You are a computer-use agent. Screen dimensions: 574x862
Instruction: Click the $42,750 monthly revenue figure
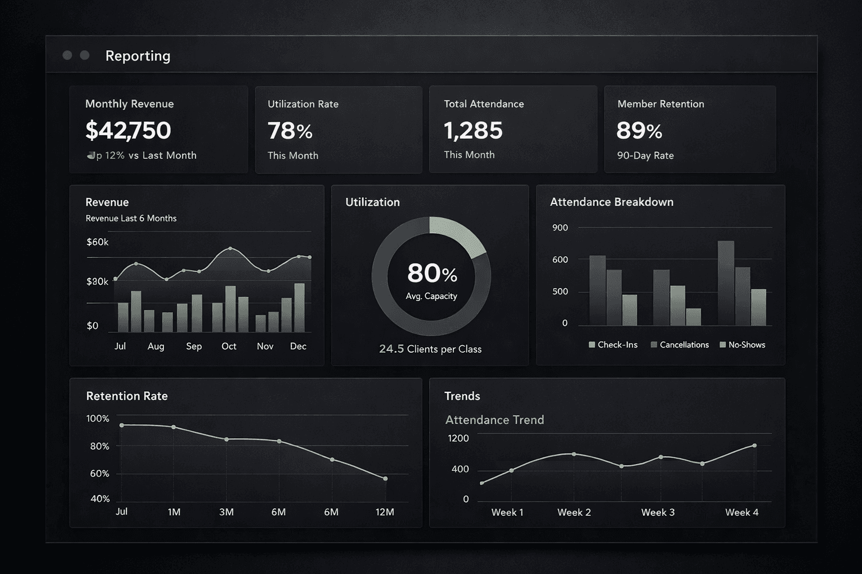128,131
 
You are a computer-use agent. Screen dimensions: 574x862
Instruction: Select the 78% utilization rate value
290,131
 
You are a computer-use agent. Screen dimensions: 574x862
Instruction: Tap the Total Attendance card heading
483,104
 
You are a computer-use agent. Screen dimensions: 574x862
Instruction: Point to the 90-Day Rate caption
645,155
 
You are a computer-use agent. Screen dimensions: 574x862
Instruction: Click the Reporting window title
137,55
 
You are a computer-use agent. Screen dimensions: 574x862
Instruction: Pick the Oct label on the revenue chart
228,346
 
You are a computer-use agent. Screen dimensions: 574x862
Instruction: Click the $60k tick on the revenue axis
97,242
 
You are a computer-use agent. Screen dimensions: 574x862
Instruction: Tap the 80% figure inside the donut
432,274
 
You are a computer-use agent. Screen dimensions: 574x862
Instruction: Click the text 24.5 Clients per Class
430,349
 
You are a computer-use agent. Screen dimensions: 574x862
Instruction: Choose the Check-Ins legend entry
613,345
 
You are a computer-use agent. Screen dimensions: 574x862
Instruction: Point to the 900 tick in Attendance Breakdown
560,228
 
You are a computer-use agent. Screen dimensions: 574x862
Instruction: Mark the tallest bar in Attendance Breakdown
726,283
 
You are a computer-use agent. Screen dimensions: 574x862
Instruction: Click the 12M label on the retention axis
384,512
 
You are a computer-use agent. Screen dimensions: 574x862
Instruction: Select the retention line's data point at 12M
385,479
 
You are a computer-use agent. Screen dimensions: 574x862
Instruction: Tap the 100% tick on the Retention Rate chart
98,418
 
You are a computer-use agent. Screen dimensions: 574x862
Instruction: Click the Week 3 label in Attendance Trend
658,512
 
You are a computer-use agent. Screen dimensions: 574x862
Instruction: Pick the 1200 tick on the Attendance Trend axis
458,438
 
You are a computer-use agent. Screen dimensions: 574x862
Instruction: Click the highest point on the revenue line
230,248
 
